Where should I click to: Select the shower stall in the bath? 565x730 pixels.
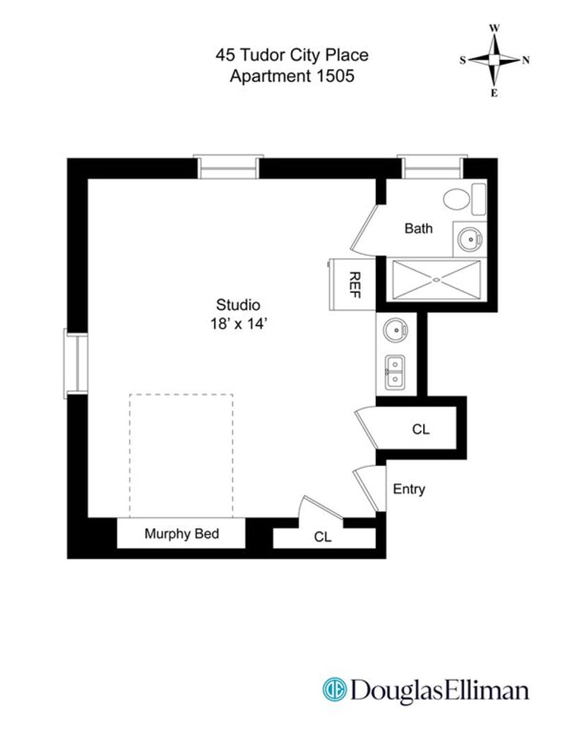point(436,280)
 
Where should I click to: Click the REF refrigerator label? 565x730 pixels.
point(355,285)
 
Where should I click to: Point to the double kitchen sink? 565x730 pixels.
point(395,371)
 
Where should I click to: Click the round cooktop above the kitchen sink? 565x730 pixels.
point(395,330)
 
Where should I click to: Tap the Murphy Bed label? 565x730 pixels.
point(182,534)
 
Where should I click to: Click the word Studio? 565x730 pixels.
point(238,306)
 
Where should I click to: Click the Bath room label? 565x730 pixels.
point(418,229)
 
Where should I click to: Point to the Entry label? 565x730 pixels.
point(409,489)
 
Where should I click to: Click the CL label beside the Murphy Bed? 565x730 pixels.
point(323,537)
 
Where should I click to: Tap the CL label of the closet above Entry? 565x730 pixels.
point(420,429)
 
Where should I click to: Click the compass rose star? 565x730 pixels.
point(494,60)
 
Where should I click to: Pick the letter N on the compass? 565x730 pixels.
point(525,60)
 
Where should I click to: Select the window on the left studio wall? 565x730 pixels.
point(76,361)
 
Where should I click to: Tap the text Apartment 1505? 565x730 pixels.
point(292,76)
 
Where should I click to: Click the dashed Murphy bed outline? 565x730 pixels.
point(182,455)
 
